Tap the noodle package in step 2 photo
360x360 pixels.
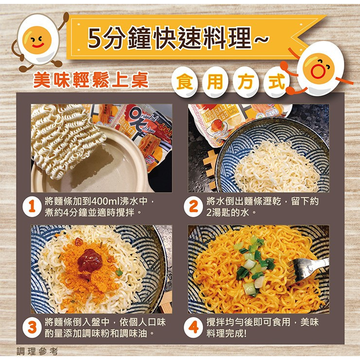click(219, 122)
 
